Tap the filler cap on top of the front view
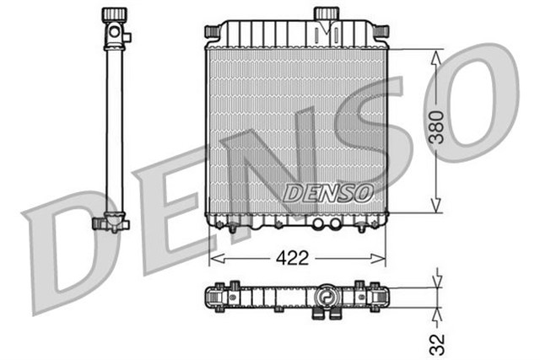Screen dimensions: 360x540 (326, 14)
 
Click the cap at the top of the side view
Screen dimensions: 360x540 (112, 15)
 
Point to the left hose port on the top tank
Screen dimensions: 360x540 (212, 30)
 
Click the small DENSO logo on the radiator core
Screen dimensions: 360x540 (328, 192)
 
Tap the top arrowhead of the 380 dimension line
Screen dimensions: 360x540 (435, 55)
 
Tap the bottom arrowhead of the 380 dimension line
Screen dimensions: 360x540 (435, 207)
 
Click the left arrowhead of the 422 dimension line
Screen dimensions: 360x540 (213, 256)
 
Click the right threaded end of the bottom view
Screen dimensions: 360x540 (386, 298)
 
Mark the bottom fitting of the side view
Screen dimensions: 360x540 (110, 224)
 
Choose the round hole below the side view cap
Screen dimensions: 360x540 (112, 34)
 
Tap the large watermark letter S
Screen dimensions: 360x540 (371, 139)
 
